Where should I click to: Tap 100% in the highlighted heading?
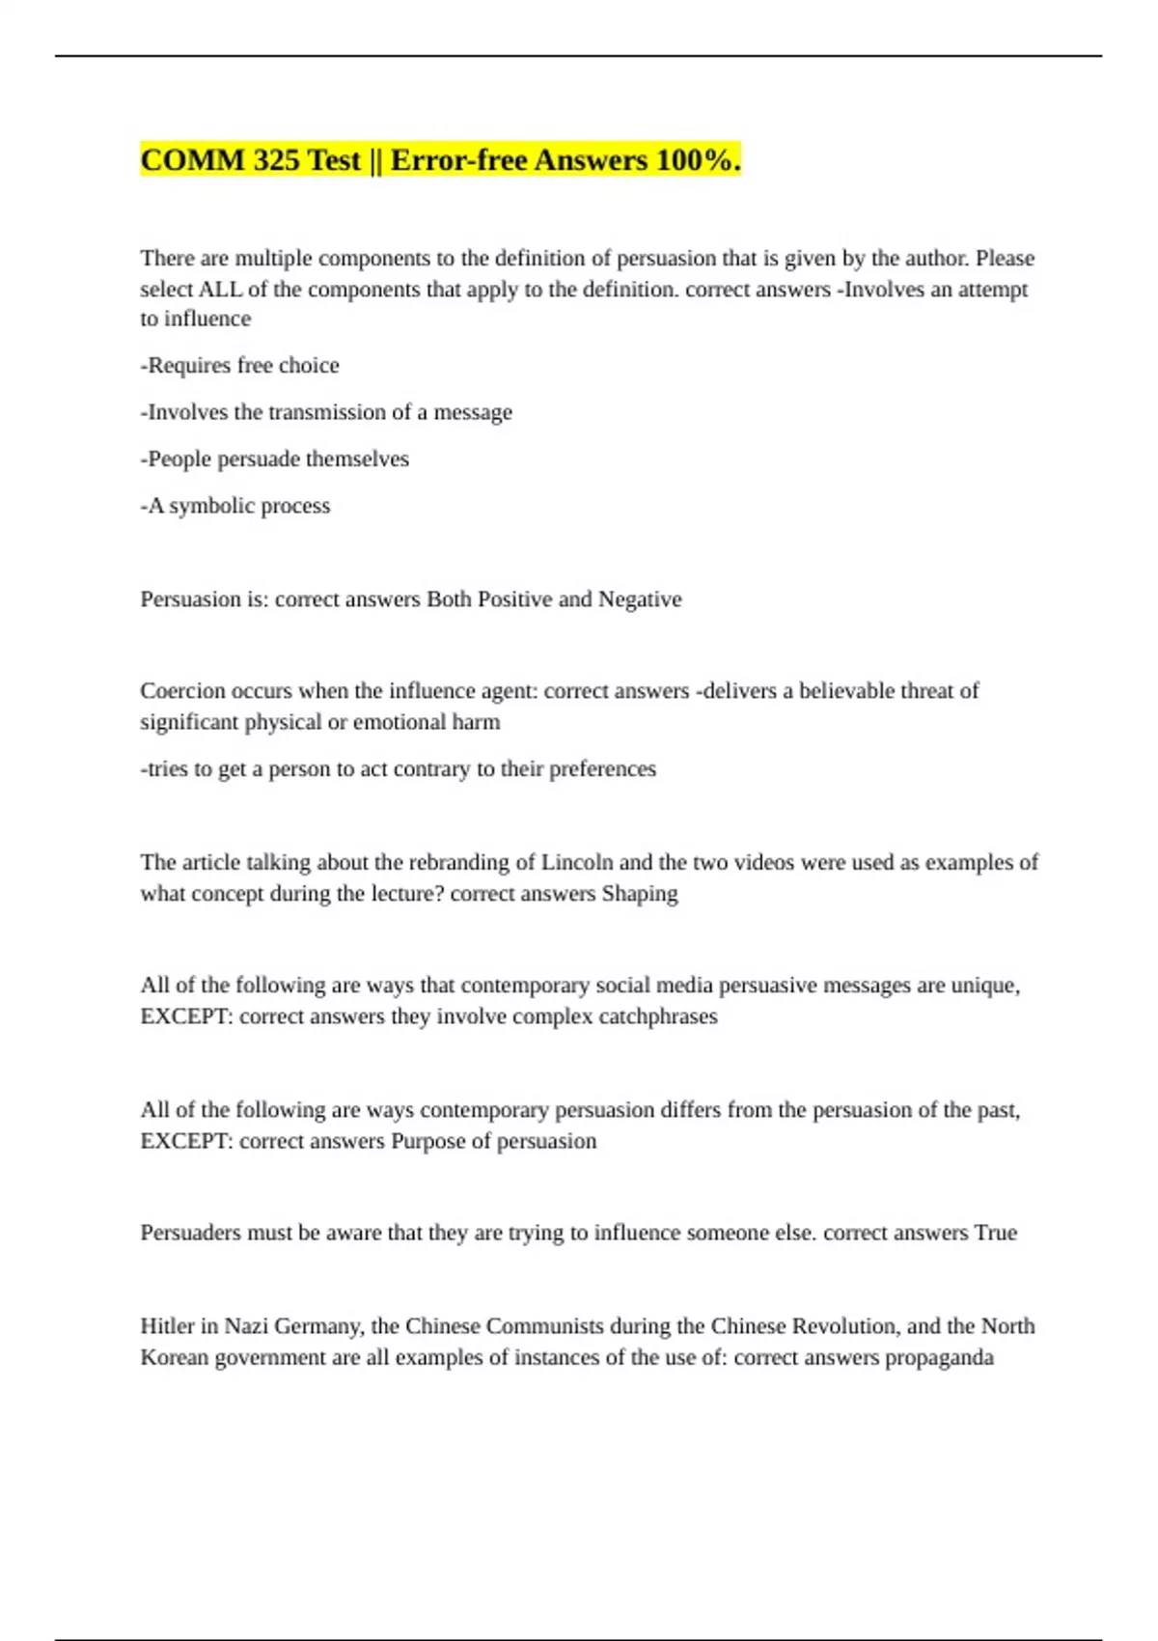click(693, 160)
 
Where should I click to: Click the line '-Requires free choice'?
click(239, 366)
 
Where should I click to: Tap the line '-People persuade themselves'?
click(274, 459)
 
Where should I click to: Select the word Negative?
click(640, 599)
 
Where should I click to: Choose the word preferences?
click(602, 769)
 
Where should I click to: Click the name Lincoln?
click(576, 862)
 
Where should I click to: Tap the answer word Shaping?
click(640, 894)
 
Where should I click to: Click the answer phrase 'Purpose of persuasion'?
click(493, 1141)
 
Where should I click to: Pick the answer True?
click(995, 1233)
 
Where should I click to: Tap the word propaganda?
click(939, 1358)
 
